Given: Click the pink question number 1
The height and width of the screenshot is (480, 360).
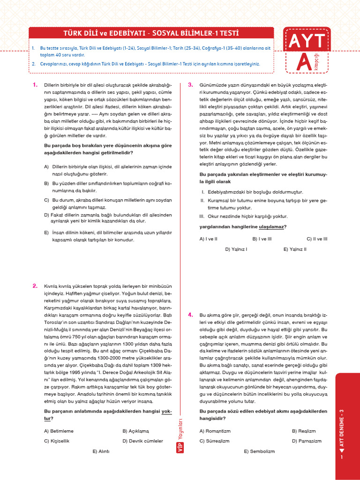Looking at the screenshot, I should click(35, 85).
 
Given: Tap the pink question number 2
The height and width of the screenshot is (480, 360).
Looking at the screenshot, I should click(35, 285).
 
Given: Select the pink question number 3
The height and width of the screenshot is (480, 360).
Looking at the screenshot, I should click(190, 85).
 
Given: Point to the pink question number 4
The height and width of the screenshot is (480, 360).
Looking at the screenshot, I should click(190, 315).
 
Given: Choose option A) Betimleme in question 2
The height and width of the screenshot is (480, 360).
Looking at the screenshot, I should click(59, 431).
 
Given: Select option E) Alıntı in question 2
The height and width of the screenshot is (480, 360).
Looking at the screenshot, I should click(101, 451).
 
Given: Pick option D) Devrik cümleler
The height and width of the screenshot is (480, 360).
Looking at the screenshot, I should click(142, 441).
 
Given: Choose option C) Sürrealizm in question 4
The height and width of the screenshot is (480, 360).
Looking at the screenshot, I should click(214, 441).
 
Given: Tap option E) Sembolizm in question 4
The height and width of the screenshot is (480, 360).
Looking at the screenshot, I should click(259, 451).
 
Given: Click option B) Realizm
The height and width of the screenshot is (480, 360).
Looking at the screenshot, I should click(304, 431).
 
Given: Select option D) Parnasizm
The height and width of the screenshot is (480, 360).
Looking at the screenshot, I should click(307, 441).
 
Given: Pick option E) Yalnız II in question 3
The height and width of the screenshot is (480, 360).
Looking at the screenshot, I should click(295, 249).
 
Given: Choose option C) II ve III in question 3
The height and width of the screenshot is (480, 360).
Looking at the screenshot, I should click(317, 239).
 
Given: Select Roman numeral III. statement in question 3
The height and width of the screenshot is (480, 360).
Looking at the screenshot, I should click(202, 216).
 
